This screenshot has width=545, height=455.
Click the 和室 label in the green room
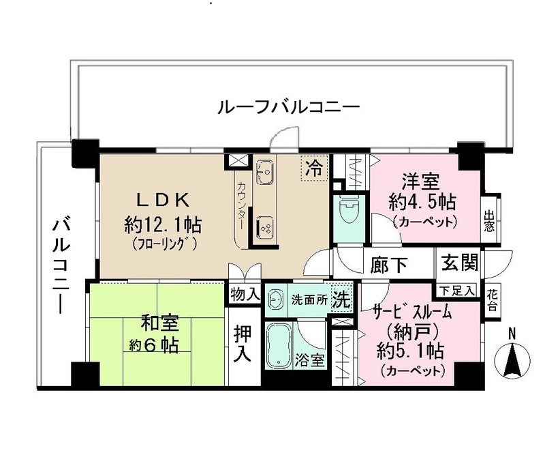click(x=157, y=321)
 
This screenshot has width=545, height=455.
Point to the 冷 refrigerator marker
click(x=314, y=166)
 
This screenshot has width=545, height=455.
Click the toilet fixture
click(x=347, y=207)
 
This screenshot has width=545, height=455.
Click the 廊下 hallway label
click(x=386, y=263)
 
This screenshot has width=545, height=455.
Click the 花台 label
click(x=493, y=299)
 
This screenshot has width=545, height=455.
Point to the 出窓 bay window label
click(x=490, y=221)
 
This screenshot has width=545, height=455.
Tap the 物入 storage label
click(x=245, y=294)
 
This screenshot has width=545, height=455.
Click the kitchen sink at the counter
click(x=266, y=173)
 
